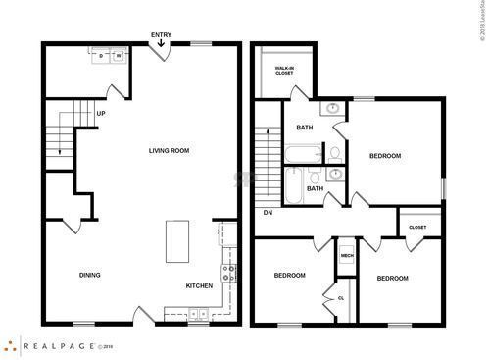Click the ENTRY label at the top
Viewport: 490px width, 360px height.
pyautogui.click(x=161, y=35)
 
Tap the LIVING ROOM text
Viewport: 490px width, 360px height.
pyautogui.click(x=169, y=150)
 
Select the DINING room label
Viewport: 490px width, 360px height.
pyautogui.click(x=90, y=275)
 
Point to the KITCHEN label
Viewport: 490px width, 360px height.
pyautogui.click(x=200, y=286)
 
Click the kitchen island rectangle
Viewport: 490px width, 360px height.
pyautogui.click(x=178, y=240)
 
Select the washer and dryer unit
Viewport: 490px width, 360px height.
pyautogui.click(x=110, y=56)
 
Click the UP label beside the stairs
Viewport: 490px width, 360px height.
pyautogui.click(x=100, y=113)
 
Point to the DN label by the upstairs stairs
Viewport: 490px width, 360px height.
pyautogui.click(x=268, y=212)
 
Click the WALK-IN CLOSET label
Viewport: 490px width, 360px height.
pyautogui.click(x=284, y=71)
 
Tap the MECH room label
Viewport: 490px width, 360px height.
pyautogui.click(x=346, y=256)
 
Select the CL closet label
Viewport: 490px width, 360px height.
pyautogui.click(x=341, y=297)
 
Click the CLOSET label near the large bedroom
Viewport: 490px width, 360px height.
pyautogui.click(x=417, y=227)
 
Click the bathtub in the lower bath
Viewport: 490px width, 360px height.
pyautogui.click(x=293, y=180)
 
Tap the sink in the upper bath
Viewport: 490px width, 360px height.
pyautogui.click(x=333, y=108)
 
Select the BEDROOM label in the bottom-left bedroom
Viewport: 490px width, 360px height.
pyautogui.click(x=291, y=275)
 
